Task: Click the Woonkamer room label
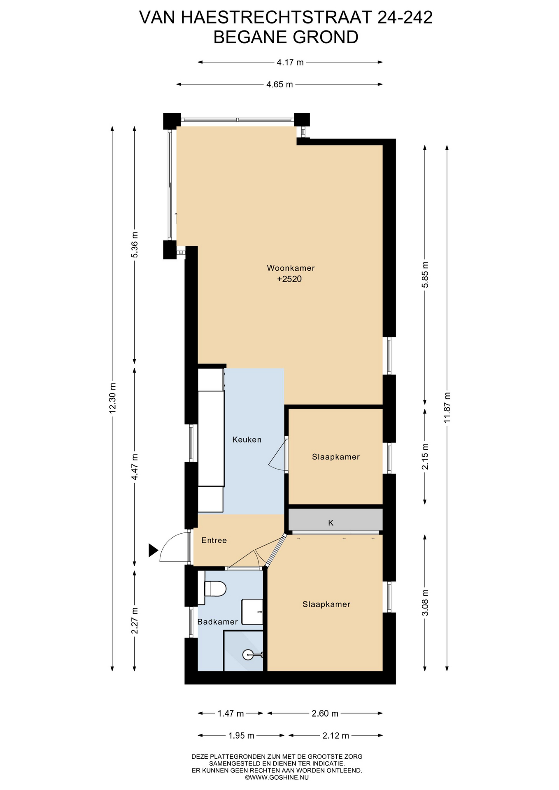[291, 268]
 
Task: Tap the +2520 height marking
[289, 279]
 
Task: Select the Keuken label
[247, 439]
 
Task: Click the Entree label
[214, 540]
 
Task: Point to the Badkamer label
[217, 622]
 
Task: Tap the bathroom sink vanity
[252, 612]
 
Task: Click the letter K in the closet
[331, 523]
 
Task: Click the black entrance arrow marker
[153, 550]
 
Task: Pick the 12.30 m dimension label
[112, 398]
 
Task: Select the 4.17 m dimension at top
[290, 63]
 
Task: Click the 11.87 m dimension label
[447, 407]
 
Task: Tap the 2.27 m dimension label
[135, 621]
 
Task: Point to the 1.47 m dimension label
[231, 713]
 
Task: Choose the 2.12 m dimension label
[336, 736]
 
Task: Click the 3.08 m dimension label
[426, 602]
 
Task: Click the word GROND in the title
[326, 37]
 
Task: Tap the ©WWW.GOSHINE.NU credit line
[277, 778]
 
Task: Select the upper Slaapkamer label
[336, 457]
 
